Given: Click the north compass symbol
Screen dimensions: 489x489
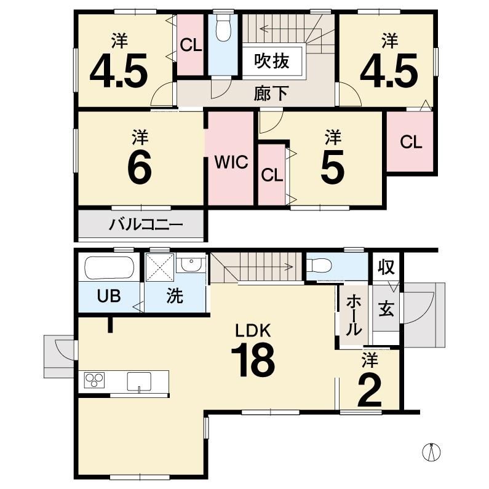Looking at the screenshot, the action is pos(431,451).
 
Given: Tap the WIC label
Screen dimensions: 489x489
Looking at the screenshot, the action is pos(231,162).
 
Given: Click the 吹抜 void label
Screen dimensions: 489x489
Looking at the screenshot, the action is pos(272,61).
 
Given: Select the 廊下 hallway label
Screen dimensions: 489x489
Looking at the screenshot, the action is pos(271,93).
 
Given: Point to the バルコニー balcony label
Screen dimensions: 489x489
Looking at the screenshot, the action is pos(146,225).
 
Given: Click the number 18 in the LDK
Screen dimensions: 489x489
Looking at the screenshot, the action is pos(253,359).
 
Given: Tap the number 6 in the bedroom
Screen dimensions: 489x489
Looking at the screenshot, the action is pos(140,168).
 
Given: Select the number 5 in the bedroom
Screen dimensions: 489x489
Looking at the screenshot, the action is pos(333,167).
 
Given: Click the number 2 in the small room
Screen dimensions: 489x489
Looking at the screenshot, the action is pos(370,391).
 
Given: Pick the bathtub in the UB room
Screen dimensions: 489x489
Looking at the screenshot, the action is pos(109,268).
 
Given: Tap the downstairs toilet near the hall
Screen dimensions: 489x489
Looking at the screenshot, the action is pos(319,265).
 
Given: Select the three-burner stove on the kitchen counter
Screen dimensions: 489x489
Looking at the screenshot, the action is pos(94,380).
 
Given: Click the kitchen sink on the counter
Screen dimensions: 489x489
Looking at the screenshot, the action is pos(139,381).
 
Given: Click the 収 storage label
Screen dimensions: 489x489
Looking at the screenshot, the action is pos(387,267).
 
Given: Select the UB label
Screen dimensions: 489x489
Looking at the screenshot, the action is pos(109,296).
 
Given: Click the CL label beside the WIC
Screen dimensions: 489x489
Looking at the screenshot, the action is pos(272,175).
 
